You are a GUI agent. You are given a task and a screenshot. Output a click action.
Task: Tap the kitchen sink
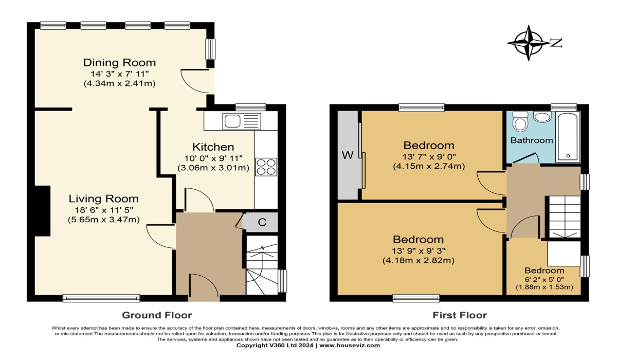(242, 121)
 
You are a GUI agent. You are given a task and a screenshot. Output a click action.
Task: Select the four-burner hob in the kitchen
(266, 167)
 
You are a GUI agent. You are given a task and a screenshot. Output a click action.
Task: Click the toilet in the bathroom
(520, 121)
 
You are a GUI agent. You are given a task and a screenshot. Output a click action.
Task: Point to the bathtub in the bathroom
(568, 137)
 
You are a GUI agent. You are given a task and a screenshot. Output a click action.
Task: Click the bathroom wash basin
(542, 117)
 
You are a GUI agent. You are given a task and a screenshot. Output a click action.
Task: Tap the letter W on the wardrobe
(348, 155)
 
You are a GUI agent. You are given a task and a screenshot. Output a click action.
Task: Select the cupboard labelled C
(260, 222)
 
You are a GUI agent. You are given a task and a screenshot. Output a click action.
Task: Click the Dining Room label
(119, 63)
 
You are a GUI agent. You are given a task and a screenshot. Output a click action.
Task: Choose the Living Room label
(103, 199)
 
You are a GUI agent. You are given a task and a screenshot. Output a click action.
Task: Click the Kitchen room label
(213, 147)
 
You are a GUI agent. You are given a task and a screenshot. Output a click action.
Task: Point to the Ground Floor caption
(157, 315)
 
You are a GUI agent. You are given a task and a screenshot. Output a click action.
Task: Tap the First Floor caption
(460, 315)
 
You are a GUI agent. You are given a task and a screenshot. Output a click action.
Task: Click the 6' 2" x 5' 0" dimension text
(545, 280)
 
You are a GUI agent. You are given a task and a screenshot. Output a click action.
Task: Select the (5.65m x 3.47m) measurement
(104, 220)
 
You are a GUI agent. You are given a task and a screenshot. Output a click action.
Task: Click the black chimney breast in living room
(42, 211)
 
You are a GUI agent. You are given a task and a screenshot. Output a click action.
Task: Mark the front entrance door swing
(204, 286)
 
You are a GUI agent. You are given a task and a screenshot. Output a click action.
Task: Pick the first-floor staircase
(565, 217)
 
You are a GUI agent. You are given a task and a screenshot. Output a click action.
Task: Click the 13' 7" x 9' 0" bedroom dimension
(429, 157)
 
